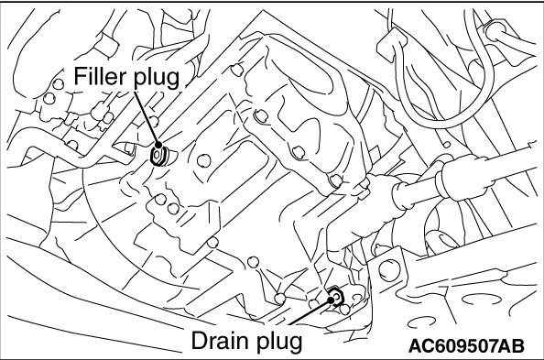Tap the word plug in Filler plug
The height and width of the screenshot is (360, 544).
(157, 79)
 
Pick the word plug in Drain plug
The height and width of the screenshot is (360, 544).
(279, 343)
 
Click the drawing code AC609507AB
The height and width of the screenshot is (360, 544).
(467, 345)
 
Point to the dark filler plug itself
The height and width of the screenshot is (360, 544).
(159, 156)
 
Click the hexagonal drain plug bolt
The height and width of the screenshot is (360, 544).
(336, 296)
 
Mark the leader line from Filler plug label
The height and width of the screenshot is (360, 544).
(146, 117)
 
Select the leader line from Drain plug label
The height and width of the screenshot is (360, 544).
(310, 311)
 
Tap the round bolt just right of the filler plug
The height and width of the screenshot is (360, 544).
(203, 160)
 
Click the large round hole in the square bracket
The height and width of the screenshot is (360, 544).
(387, 269)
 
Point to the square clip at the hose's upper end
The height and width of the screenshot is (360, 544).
(391, 46)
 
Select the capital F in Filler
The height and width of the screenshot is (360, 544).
(80, 76)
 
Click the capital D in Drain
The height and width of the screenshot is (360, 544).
(200, 341)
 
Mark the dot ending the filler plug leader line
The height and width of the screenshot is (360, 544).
(158, 145)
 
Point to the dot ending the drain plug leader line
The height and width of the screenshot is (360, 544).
(331, 298)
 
